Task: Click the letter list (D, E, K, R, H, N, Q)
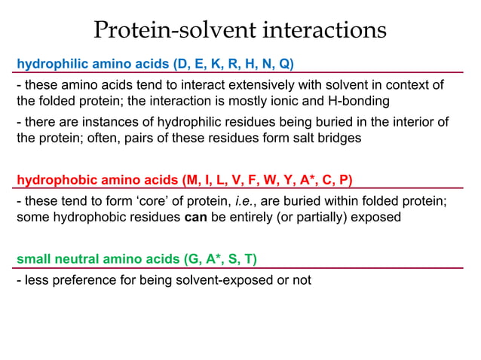[x=233, y=62]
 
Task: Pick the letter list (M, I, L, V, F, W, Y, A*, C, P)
[x=267, y=180]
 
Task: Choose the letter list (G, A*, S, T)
[x=219, y=260]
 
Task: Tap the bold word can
[x=196, y=218]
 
